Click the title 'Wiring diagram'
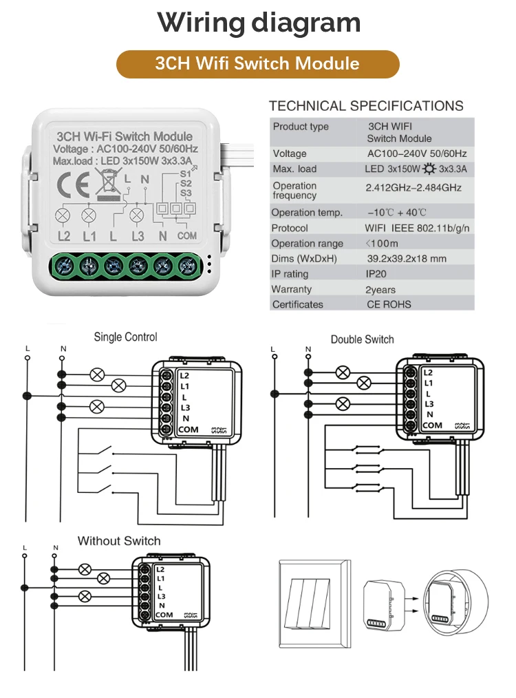click(258, 23)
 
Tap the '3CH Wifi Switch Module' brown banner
click(257, 64)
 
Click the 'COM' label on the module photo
click(186, 236)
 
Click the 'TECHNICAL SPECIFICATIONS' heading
click(366, 106)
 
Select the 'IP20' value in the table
click(380, 274)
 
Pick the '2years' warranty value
click(380, 290)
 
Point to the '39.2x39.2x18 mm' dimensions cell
click(407, 259)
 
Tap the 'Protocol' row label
click(290, 228)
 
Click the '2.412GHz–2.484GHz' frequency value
click(413, 187)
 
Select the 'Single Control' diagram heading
click(125, 337)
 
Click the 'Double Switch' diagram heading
click(362, 339)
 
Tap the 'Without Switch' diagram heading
click(119, 541)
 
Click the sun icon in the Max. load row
click(430, 169)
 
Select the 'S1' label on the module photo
click(184, 174)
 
